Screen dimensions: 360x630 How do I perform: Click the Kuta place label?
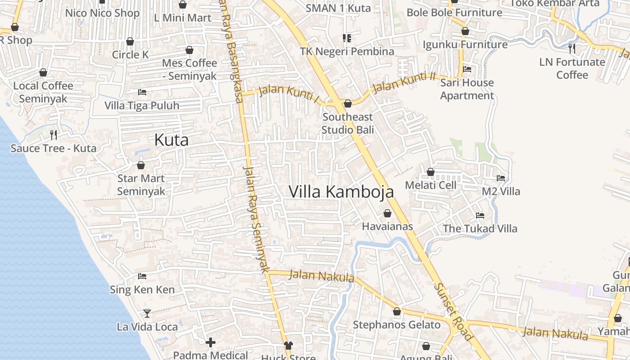(171, 140)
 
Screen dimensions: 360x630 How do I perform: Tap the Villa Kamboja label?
(341, 192)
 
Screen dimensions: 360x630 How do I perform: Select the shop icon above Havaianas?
(387, 213)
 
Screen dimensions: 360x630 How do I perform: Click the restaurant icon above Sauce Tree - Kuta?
(54, 135)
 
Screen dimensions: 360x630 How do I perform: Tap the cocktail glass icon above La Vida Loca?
(147, 313)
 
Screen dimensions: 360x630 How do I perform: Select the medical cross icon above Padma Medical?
(210, 343)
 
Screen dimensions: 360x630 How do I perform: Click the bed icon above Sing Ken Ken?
(142, 276)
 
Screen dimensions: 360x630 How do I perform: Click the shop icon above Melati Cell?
(430, 172)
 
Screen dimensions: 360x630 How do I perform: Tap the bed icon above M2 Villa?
(501, 178)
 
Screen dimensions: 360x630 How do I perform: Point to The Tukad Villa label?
(480, 229)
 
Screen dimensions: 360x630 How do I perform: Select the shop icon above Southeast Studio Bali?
(347, 104)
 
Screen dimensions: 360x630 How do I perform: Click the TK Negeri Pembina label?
(347, 51)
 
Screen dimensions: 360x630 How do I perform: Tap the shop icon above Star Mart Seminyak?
(140, 165)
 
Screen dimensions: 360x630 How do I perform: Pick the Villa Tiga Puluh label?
(142, 106)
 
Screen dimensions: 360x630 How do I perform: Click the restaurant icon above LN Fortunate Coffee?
(572, 48)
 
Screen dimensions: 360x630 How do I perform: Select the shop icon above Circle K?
(130, 42)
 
